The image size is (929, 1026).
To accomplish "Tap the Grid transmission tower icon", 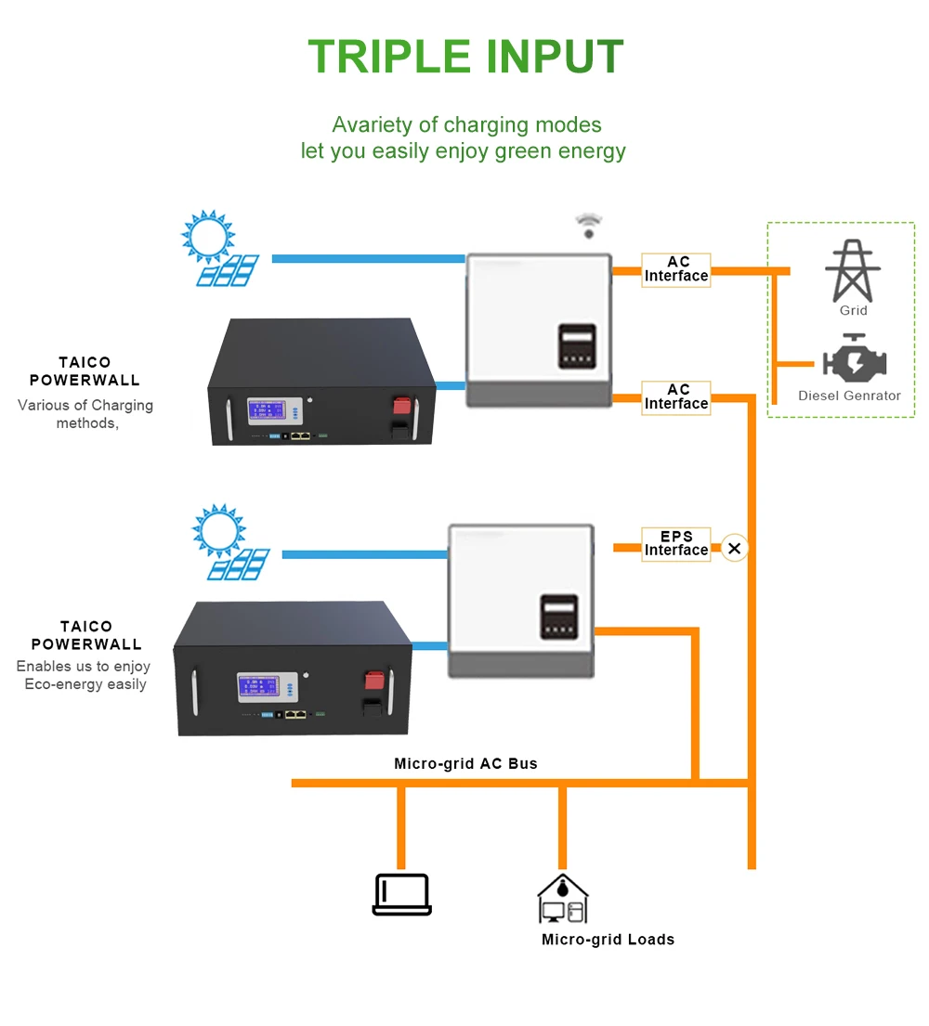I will point(853,270).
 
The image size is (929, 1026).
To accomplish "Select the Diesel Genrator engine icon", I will point(854,360).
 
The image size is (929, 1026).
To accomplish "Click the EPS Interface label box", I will point(676,544).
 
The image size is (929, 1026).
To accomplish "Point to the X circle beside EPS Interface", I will point(735,549).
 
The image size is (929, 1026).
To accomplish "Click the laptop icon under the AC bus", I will point(402,894).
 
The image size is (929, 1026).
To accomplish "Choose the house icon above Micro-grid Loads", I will point(562,898).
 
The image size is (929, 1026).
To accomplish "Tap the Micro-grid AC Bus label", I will point(465,764).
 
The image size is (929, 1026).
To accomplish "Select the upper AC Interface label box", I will point(676,269).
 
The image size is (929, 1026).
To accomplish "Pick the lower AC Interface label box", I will point(676,397).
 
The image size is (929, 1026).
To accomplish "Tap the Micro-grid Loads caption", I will point(608,940).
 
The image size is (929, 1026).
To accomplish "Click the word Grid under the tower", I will point(853,311).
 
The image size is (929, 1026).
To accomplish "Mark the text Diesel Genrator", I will point(849,396).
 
